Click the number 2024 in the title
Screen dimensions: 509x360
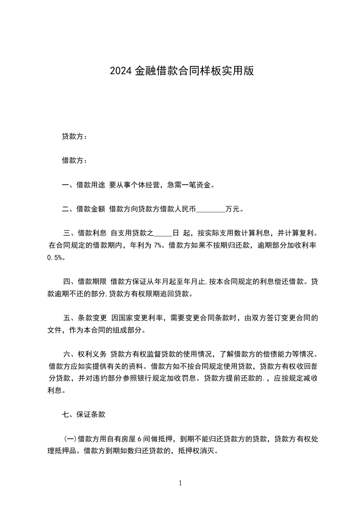pyautogui.click(x=120, y=71)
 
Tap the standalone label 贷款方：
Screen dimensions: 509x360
pyautogui.click(x=74, y=137)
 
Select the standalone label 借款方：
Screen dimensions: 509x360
pyautogui.click(x=74, y=161)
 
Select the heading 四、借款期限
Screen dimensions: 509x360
pyautogui.click(x=85, y=282)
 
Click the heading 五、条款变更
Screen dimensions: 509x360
pyautogui.click(x=85, y=318)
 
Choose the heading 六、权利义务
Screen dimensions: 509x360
pyautogui.click(x=85, y=354)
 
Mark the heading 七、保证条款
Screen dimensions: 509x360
pyautogui.click(x=84, y=414)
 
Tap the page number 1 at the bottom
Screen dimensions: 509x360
pyautogui.click(x=180, y=483)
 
